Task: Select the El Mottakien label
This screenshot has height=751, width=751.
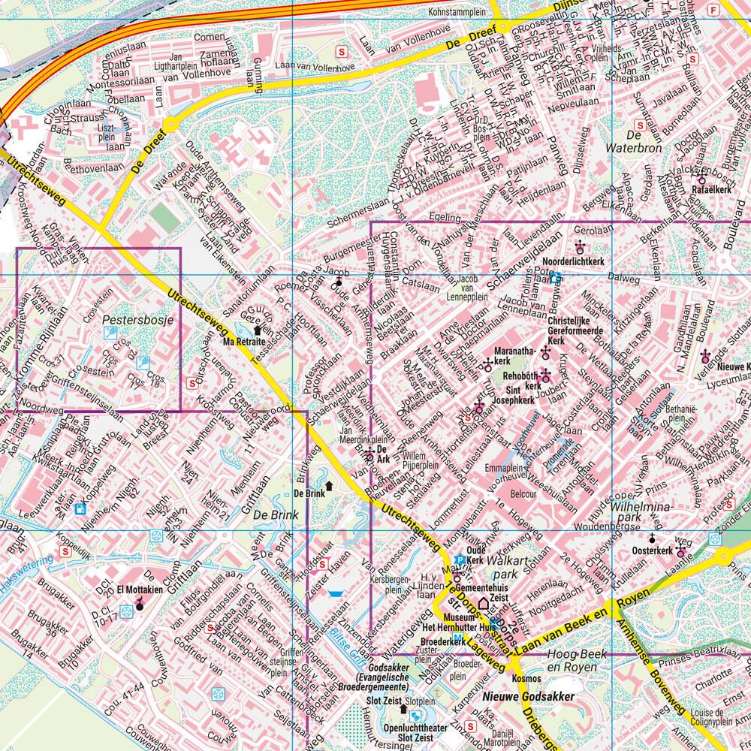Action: tap(135, 591)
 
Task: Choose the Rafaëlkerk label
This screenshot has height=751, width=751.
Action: tap(713, 190)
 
